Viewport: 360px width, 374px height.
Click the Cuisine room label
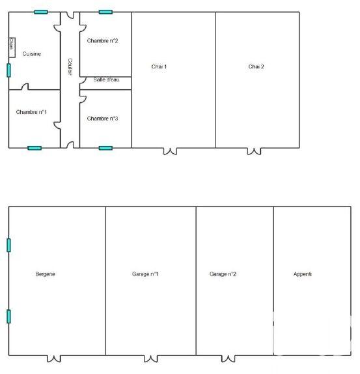31,54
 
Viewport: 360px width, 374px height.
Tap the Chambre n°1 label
31,112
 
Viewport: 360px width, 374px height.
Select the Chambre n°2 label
103,40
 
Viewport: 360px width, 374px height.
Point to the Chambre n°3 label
103,119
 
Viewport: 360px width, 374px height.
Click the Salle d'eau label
107,79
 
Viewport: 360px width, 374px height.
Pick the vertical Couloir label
69,66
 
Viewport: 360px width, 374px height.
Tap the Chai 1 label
159,66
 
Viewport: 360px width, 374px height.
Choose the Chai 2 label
256,66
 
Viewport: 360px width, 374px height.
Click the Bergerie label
46,274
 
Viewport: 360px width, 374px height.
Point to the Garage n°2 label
223,274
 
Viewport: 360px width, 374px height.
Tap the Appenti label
303,274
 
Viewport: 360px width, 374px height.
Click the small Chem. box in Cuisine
12,44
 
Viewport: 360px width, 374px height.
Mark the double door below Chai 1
170,151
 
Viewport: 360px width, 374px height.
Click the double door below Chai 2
254,151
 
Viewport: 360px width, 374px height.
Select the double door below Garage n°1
150,358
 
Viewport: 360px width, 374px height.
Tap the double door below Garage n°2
227,358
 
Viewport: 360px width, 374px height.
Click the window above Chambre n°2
105,12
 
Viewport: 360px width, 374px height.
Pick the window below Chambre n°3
105,148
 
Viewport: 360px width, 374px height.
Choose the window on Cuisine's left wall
8,70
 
